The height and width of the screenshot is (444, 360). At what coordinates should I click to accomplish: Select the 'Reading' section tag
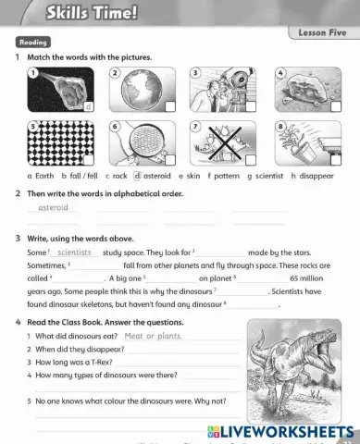pos(33,43)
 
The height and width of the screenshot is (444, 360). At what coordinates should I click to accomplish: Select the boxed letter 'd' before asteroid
pos(137,174)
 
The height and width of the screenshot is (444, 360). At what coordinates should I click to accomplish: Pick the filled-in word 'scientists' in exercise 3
pos(75,252)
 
